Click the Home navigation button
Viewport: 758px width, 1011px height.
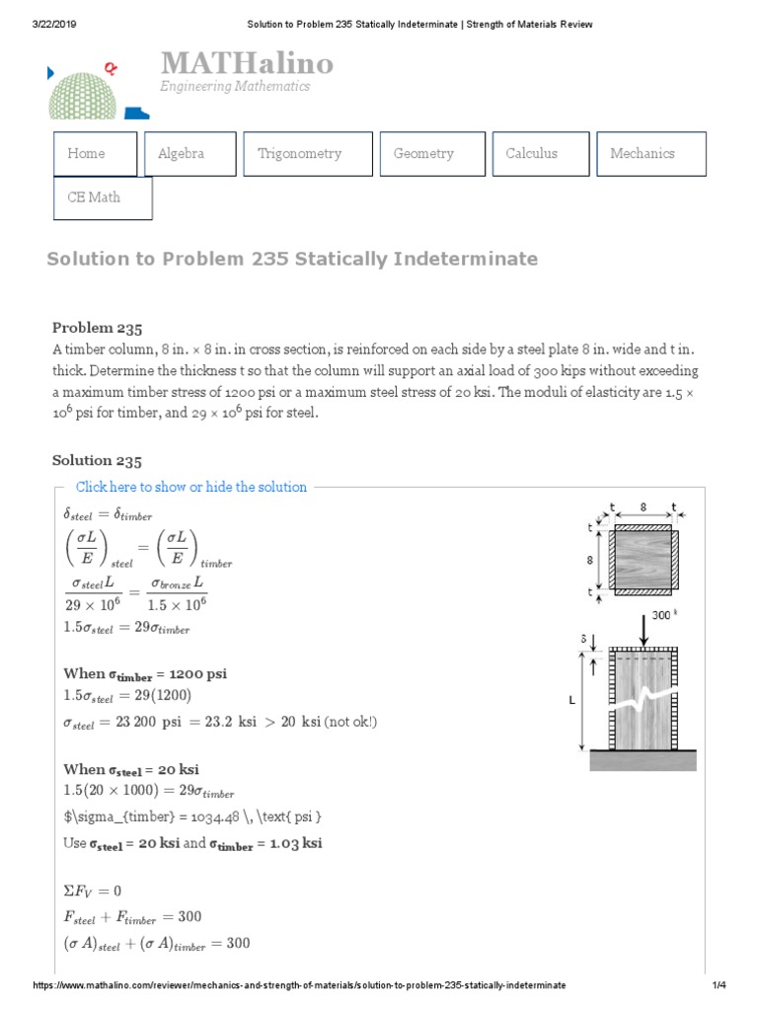tap(94, 154)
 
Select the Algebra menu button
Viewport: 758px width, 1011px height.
tap(189, 154)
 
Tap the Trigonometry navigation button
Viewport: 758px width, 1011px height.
tap(307, 154)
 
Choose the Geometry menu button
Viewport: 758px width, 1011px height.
tap(431, 154)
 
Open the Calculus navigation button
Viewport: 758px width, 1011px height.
tap(540, 154)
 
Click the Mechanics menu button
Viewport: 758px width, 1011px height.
tap(650, 154)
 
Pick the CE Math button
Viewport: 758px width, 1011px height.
tap(103, 197)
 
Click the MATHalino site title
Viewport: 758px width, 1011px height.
tap(247, 65)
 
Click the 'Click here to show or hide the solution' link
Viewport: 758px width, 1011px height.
tap(191, 487)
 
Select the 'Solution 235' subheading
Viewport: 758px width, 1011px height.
tap(97, 461)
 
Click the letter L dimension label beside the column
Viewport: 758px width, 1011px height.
tap(571, 699)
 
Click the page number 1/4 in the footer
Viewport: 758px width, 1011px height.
tap(718, 985)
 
